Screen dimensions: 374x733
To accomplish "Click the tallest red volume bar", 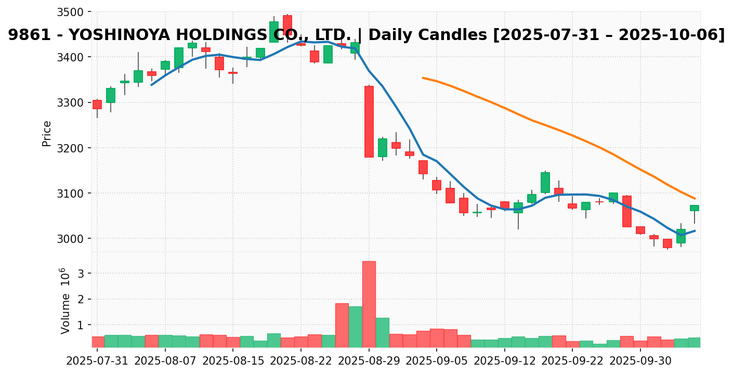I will click(x=369, y=304).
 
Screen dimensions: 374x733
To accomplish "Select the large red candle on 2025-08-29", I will click(x=369, y=121).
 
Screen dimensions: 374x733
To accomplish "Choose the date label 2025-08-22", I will click(x=301, y=360).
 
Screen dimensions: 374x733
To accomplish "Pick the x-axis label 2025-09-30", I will click(x=640, y=360).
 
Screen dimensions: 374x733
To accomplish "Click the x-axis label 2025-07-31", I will click(x=97, y=360).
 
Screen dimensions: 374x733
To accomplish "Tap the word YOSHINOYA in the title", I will click(x=120, y=35).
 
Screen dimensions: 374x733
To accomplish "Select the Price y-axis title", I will click(x=47, y=133).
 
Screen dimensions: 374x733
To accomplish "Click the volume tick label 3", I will click(x=81, y=273).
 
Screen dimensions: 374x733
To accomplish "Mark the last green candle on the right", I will click(x=694, y=208).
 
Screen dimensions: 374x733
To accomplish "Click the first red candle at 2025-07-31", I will click(x=97, y=104).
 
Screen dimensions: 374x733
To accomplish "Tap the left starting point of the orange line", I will click(x=423, y=78).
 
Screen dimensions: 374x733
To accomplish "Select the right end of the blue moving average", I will click(x=695, y=230).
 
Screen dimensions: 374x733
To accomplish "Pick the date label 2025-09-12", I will click(x=504, y=360).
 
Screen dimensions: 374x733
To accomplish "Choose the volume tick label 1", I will click(x=81, y=325).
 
